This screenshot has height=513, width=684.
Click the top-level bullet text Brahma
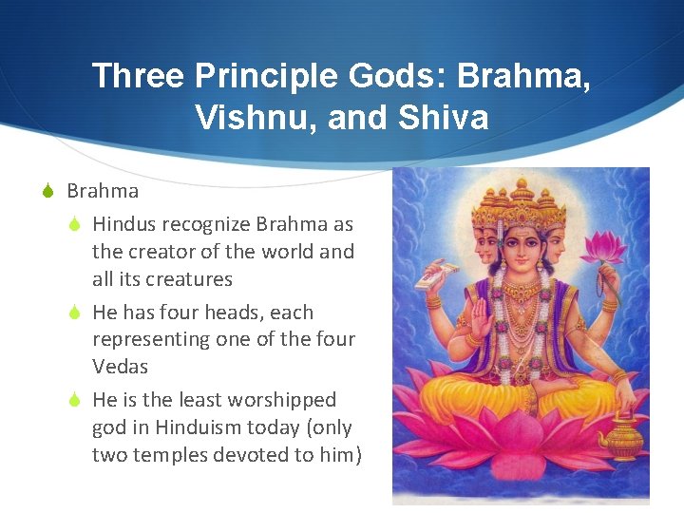103,191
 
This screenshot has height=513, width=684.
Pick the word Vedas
121,367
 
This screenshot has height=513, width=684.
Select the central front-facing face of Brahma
521,246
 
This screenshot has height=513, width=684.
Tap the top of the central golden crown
521,191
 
